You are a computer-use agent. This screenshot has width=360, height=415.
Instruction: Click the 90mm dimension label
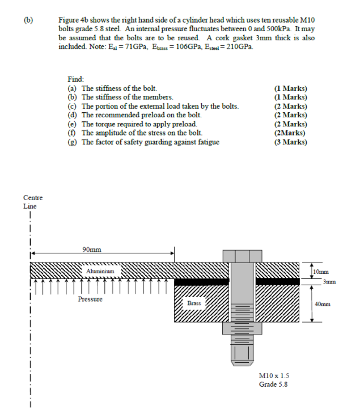(92, 249)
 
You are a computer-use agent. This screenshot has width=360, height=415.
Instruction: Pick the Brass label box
(194, 303)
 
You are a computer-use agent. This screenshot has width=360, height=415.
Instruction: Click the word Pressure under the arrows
(90, 299)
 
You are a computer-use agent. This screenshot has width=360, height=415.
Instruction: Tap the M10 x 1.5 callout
(274, 375)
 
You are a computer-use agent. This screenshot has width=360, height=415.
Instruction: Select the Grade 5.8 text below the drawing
(273, 384)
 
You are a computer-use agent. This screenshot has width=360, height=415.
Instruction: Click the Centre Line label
(32, 202)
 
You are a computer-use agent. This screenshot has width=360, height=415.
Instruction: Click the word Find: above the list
(75, 80)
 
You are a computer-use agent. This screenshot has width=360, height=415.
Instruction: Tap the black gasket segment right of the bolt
(277, 281)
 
